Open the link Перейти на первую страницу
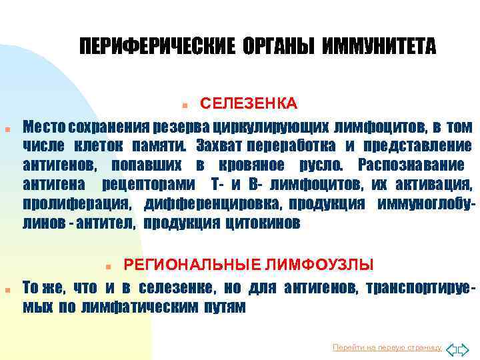pyautogui.click(x=387, y=348)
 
